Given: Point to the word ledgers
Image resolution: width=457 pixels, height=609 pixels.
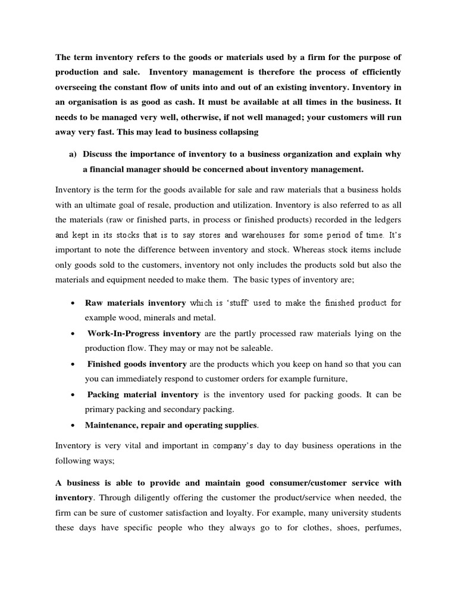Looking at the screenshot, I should tap(386, 220).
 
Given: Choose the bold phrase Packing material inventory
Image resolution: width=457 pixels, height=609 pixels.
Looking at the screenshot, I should tap(143, 394).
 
